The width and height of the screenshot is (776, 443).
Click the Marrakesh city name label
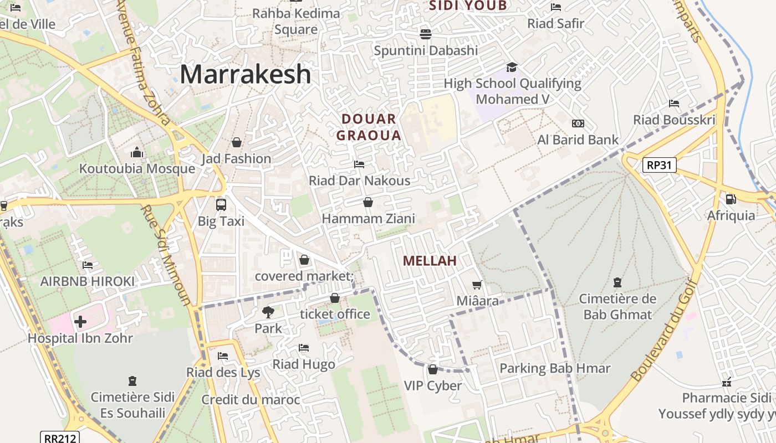coord(245,74)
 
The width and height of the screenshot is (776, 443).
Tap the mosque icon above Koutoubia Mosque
coord(137,152)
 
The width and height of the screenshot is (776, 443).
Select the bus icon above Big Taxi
coord(221,204)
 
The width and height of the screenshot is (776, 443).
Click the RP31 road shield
coord(660,164)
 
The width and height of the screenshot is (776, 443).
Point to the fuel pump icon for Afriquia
coord(731,199)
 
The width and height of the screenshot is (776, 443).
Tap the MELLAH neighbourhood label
coord(430,261)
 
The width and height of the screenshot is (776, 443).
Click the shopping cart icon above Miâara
coord(477,285)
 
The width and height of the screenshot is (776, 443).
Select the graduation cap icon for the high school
coord(512,67)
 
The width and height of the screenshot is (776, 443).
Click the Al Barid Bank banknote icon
coord(578,123)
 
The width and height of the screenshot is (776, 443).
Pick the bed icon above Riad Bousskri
coord(674,104)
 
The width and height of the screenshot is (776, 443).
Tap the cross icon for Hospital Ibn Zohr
coord(80,321)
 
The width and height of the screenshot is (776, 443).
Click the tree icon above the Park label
coord(268,312)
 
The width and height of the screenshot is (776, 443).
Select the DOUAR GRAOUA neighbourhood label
coord(369,127)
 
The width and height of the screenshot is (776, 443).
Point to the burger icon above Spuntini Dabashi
coord(426,34)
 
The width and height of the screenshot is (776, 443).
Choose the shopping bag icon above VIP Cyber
coord(433,369)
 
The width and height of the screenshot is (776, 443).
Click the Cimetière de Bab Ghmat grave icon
coord(617,282)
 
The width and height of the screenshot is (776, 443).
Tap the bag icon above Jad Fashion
coord(237,142)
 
